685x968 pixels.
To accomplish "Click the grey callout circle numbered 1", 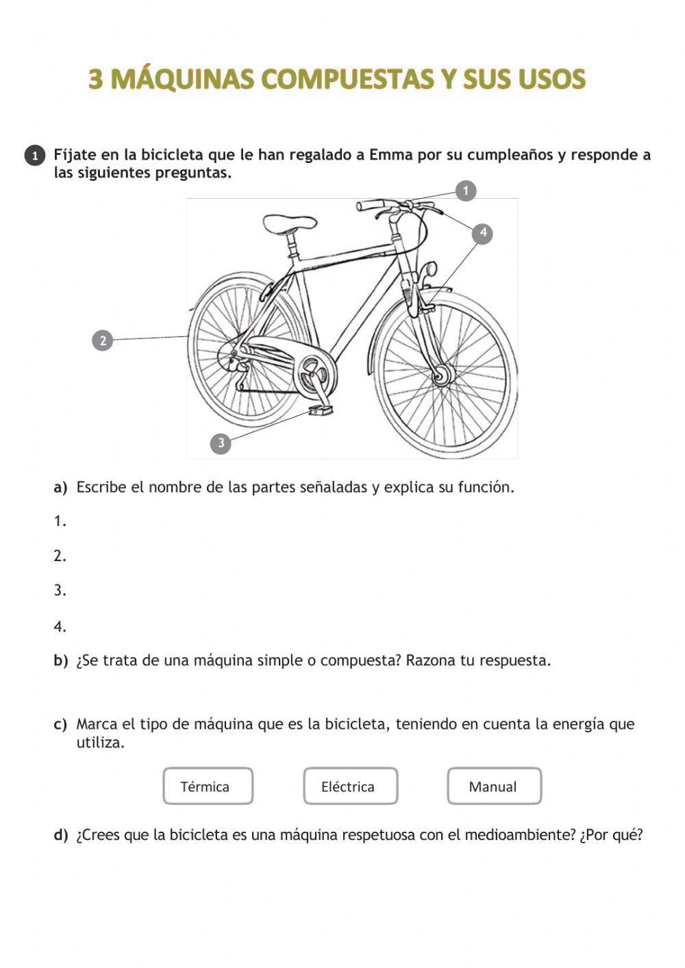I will (466, 190).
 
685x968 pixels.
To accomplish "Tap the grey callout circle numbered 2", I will (102, 340).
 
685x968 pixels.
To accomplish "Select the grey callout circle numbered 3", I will (221, 443).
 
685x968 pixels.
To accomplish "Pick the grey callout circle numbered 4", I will (483, 233).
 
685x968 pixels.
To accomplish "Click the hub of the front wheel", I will (442, 375).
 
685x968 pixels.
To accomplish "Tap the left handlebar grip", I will (370, 205).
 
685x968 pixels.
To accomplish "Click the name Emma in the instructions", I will (389, 155).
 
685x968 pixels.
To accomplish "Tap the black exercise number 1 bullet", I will (35, 156).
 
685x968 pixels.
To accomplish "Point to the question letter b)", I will (61, 661).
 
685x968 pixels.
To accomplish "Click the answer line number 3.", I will (60, 591).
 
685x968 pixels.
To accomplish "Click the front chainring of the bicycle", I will (314, 374).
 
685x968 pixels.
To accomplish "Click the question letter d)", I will (61, 835).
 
